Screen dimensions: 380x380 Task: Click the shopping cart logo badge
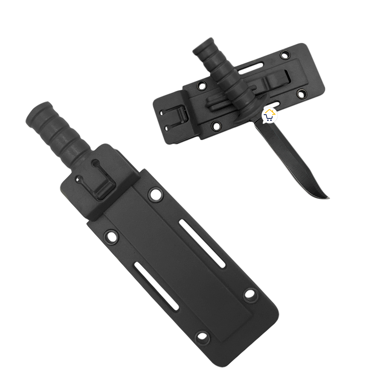pyautogui.click(x=269, y=116)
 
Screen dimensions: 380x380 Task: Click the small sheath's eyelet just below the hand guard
pyautogui.click(x=216, y=126)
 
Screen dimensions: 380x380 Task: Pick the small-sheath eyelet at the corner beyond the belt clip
pyautogui.click(x=301, y=94)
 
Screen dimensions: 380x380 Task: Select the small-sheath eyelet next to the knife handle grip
pyautogui.click(x=202, y=85)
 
